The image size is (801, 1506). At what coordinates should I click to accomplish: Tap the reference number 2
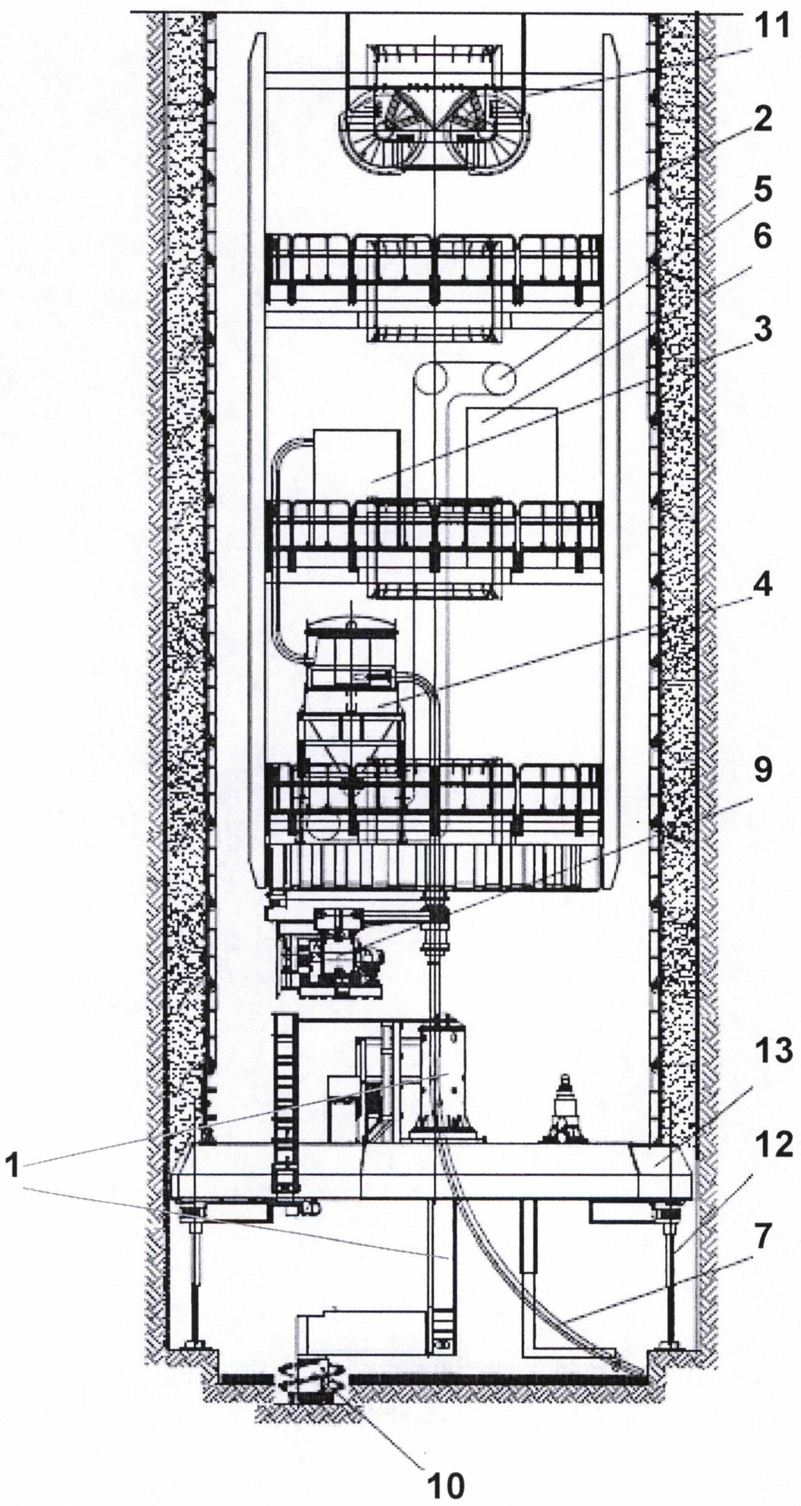tap(761, 120)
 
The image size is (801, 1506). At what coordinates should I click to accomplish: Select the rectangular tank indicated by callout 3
tap(356, 465)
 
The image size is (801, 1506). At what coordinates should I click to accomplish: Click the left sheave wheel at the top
tap(387, 134)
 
